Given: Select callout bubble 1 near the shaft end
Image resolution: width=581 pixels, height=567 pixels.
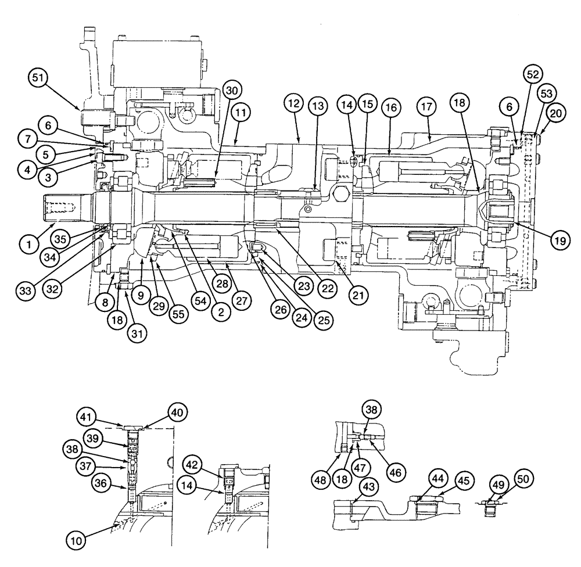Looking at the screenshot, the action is (27, 245).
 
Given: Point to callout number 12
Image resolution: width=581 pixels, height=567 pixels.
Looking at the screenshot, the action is (294, 105).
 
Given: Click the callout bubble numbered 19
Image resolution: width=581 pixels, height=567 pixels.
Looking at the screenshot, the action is (558, 240).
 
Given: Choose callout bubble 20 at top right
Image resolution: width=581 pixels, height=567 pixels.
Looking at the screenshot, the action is (555, 114).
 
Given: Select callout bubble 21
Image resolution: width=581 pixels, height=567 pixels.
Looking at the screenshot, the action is (358, 295).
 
